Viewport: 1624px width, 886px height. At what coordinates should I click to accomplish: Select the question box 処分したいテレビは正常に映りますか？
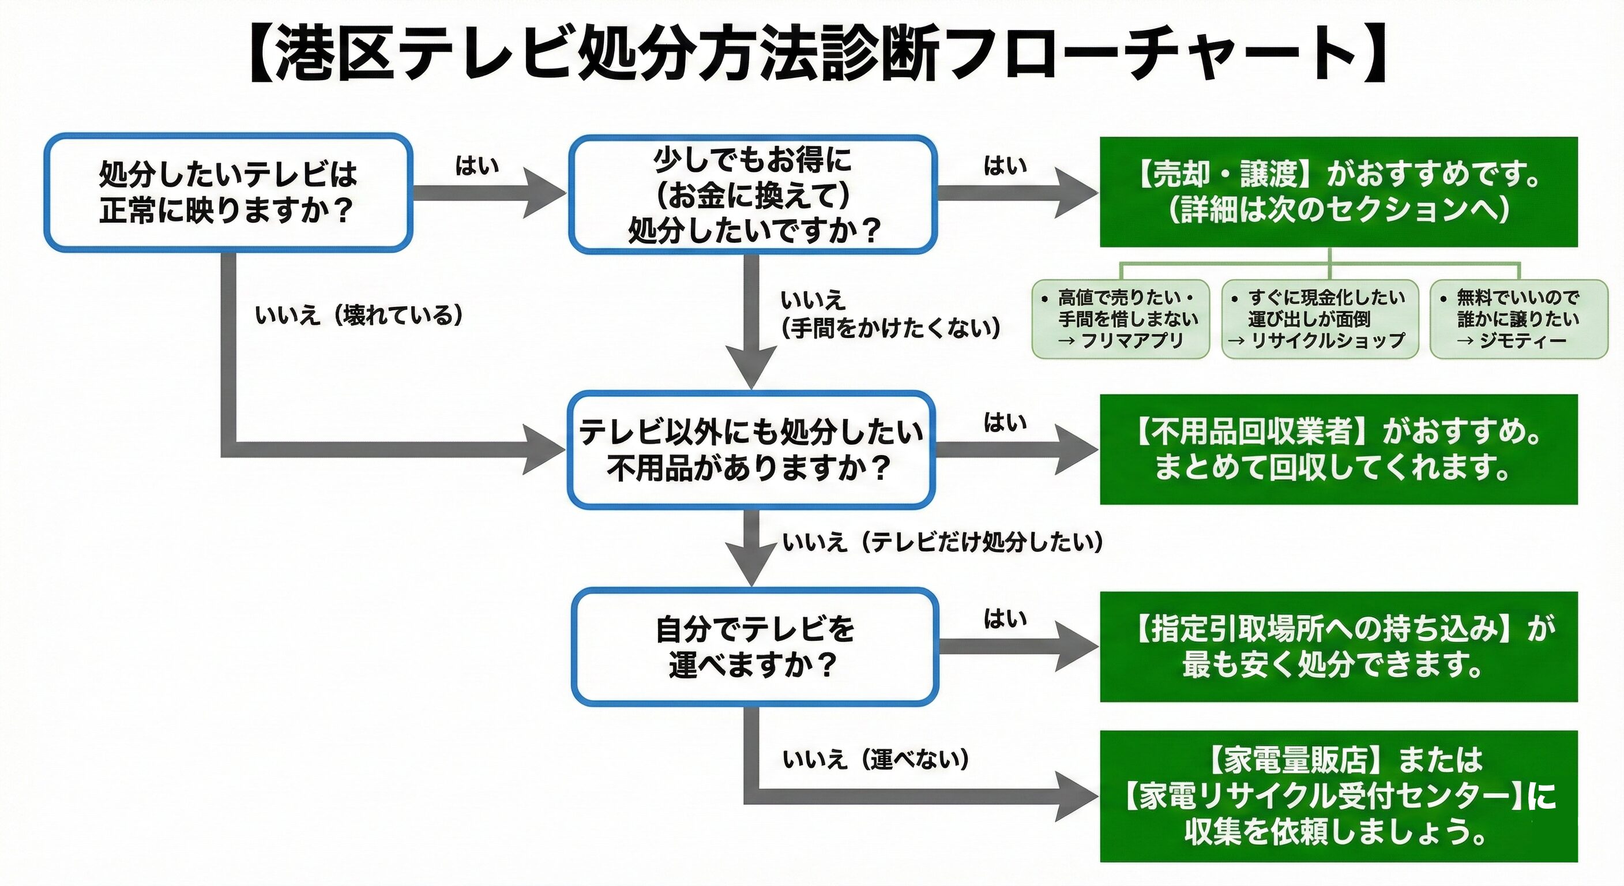(x=228, y=192)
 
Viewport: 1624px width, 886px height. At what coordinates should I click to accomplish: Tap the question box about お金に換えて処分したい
(x=753, y=194)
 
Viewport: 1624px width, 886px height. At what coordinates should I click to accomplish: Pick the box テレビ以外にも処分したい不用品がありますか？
(x=750, y=449)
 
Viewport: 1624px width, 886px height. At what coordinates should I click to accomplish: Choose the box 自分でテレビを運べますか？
(x=754, y=647)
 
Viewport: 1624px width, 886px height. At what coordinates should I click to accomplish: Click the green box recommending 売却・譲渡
(x=1339, y=192)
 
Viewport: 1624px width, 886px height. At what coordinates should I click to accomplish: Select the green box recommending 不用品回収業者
(x=1339, y=449)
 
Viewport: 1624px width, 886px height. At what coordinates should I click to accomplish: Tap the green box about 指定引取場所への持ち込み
(x=1339, y=647)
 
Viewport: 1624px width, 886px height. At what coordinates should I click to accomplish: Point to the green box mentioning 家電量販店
(x=1339, y=796)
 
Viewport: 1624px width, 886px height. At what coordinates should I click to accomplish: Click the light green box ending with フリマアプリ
(x=1121, y=319)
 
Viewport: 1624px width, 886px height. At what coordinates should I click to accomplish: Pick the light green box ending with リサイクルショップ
(x=1320, y=319)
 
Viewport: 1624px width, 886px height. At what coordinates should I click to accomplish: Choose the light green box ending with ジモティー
(x=1518, y=319)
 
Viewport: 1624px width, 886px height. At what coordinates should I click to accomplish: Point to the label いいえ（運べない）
(x=875, y=759)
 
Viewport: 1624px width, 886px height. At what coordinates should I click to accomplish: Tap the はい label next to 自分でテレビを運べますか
(x=1005, y=618)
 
